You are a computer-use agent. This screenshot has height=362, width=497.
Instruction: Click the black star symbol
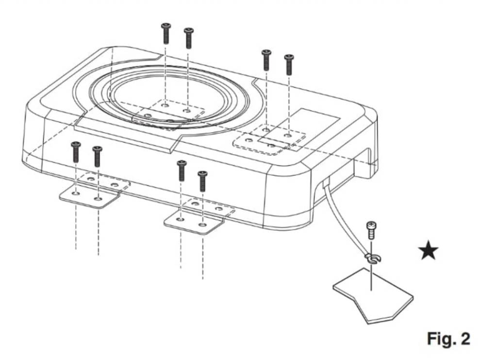tap(428, 251)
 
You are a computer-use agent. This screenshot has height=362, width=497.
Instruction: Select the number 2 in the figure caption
tap(465, 339)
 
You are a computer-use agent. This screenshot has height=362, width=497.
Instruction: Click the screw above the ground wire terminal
tap(371, 229)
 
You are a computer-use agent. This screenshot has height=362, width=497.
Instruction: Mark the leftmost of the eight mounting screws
tap(75, 152)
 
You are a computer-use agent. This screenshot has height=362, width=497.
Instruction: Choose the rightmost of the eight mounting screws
tap(289, 65)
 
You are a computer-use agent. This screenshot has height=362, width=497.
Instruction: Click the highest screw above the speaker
tap(166, 33)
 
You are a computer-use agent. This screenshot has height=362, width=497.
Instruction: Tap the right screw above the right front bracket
tap(203, 181)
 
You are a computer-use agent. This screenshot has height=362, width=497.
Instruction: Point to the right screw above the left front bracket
tap(98, 156)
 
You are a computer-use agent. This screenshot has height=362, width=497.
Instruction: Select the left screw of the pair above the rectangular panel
tap(266, 60)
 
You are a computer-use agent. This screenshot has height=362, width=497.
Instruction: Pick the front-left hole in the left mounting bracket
tap(76, 193)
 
